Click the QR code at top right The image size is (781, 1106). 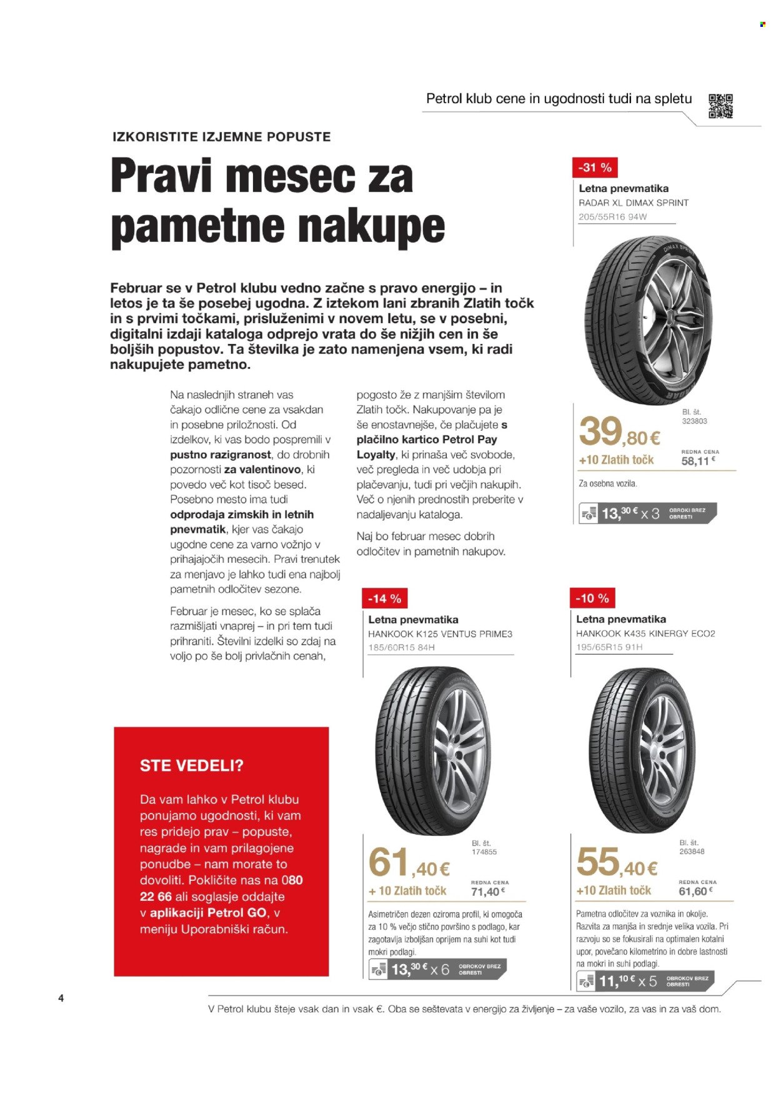720,106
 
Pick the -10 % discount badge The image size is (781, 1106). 592,598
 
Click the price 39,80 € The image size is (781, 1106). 619,432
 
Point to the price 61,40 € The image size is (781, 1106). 409,863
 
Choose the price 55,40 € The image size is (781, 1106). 617,863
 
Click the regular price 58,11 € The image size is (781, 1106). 697,461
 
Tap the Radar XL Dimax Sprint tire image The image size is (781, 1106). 650,320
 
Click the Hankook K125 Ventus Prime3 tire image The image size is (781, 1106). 432,750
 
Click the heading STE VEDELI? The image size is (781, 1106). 191,766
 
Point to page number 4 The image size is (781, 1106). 61,998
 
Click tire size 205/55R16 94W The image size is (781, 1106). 612,217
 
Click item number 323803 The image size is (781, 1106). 694,421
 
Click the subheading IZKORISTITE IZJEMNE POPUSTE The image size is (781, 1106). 221,136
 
